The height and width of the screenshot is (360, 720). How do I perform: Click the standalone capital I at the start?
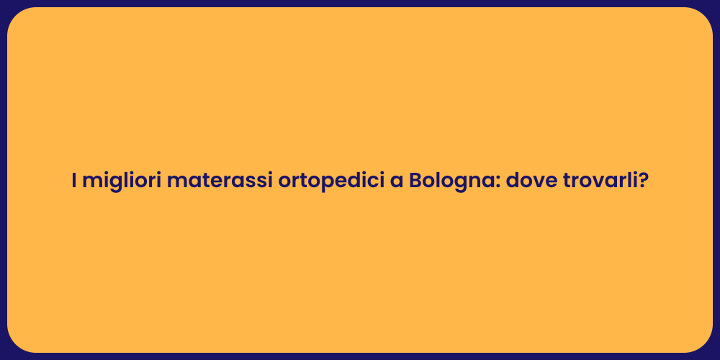point(74,181)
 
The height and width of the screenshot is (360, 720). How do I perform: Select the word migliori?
point(121,181)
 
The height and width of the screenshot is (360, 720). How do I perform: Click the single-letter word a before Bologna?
point(396,181)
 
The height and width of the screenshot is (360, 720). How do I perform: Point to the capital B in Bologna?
point(416,181)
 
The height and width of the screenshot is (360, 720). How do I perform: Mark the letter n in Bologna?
point(474,182)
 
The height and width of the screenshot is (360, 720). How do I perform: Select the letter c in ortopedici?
point(367,182)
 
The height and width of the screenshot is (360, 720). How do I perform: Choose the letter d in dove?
point(513,181)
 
